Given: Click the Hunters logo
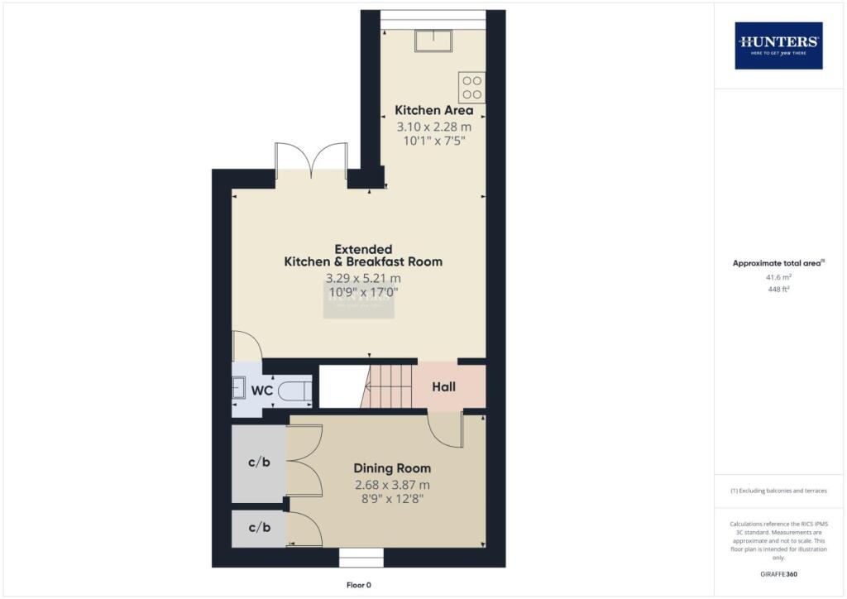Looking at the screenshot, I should tap(778, 46).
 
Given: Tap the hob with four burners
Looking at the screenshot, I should tap(472, 88).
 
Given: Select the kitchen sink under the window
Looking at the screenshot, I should tap(433, 41).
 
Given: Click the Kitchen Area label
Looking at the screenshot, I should tap(433, 110).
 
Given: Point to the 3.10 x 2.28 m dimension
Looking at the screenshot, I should tap(433, 127).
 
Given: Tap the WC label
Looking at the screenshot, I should tap(261, 390).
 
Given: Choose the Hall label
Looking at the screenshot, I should tap(444, 386).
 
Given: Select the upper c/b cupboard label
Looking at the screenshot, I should tap(259, 462).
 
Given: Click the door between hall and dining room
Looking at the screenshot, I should tap(446, 431).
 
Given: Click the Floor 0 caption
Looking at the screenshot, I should tap(359, 585).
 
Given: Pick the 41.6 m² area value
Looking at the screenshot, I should tap(778, 278).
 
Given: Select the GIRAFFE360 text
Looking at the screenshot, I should tap(778, 574).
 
